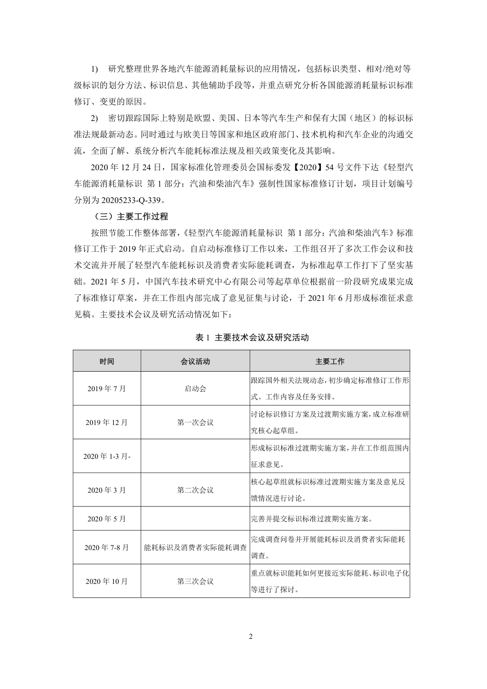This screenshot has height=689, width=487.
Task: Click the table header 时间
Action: [107, 361]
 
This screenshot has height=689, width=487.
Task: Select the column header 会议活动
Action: [195, 361]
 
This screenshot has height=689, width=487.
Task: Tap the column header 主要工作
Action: [330, 361]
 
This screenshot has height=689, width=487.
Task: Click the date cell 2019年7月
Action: [107, 389]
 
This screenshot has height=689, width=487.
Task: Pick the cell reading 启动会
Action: [195, 389]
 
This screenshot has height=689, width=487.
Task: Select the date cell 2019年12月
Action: [107, 422]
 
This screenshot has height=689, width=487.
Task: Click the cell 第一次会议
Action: [195, 422]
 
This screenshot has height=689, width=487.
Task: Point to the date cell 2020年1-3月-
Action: [107, 456]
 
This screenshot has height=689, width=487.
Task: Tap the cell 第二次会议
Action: [195, 490]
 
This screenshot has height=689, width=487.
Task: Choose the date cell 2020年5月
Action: [107, 519]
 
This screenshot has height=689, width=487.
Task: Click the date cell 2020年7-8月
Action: [107, 548]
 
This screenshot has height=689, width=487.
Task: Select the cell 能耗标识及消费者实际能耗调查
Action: [195, 548]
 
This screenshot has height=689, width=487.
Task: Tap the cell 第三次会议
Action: [195, 581]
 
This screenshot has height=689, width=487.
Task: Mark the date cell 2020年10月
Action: [107, 581]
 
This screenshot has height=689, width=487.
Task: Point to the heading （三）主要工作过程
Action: [131, 216]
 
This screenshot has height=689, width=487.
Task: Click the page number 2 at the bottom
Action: [251, 637]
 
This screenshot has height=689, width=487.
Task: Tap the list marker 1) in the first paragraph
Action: [94, 69]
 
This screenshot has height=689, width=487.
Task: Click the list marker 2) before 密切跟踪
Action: [94, 118]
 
